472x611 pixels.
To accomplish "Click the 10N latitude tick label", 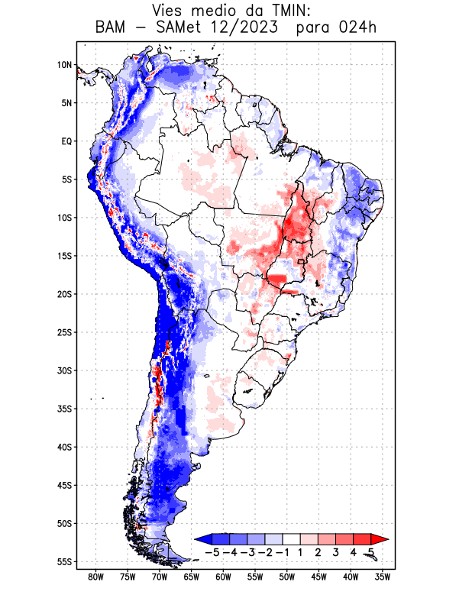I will point(64,65).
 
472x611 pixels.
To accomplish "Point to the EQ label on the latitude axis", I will point(66,141).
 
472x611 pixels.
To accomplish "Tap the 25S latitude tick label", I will point(64,332).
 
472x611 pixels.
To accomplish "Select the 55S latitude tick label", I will point(64,561).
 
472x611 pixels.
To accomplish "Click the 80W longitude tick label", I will point(95,577).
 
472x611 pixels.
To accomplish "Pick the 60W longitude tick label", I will point(223,577).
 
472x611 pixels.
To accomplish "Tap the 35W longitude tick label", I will point(383,577).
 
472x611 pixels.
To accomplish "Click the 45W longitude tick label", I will point(319,577).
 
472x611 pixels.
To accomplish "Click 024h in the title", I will point(357,28).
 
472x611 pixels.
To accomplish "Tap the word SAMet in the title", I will point(190,28).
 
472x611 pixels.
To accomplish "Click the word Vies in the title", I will point(170,11).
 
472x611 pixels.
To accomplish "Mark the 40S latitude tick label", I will point(64,447).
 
